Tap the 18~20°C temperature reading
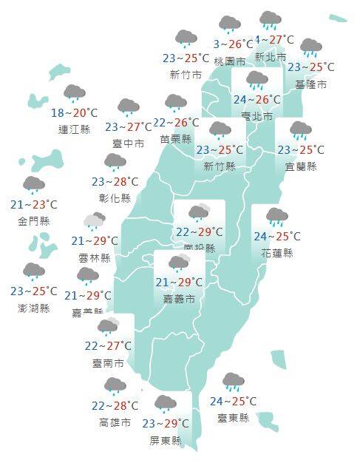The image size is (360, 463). pyautogui.click(x=74, y=113)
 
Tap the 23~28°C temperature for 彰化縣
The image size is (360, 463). pyautogui.click(x=115, y=182)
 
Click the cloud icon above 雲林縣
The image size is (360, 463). pyautogui.click(x=95, y=220)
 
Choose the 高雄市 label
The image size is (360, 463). pyautogui.click(x=115, y=422)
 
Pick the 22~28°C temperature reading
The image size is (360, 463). pyautogui.click(x=115, y=405)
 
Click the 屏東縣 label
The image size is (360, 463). pyautogui.click(x=164, y=441)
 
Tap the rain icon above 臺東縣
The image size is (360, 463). pyautogui.click(x=234, y=382)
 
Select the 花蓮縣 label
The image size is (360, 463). pyautogui.click(x=278, y=253)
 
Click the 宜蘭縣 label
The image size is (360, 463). pyautogui.click(x=301, y=166)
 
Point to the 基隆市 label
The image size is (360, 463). pyautogui.click(x=311, y=84)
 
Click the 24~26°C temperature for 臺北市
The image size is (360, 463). pyautogui.click(x=257, y=99)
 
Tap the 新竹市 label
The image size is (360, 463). pyautogui.click(x=186, y=74)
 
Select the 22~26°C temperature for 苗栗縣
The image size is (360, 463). pyautogui.click(x=176, y=123)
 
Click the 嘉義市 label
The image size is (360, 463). pyautogui.click(x=179, y=299)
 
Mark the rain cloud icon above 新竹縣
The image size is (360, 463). pyautogui.click(x=220, y=132)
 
